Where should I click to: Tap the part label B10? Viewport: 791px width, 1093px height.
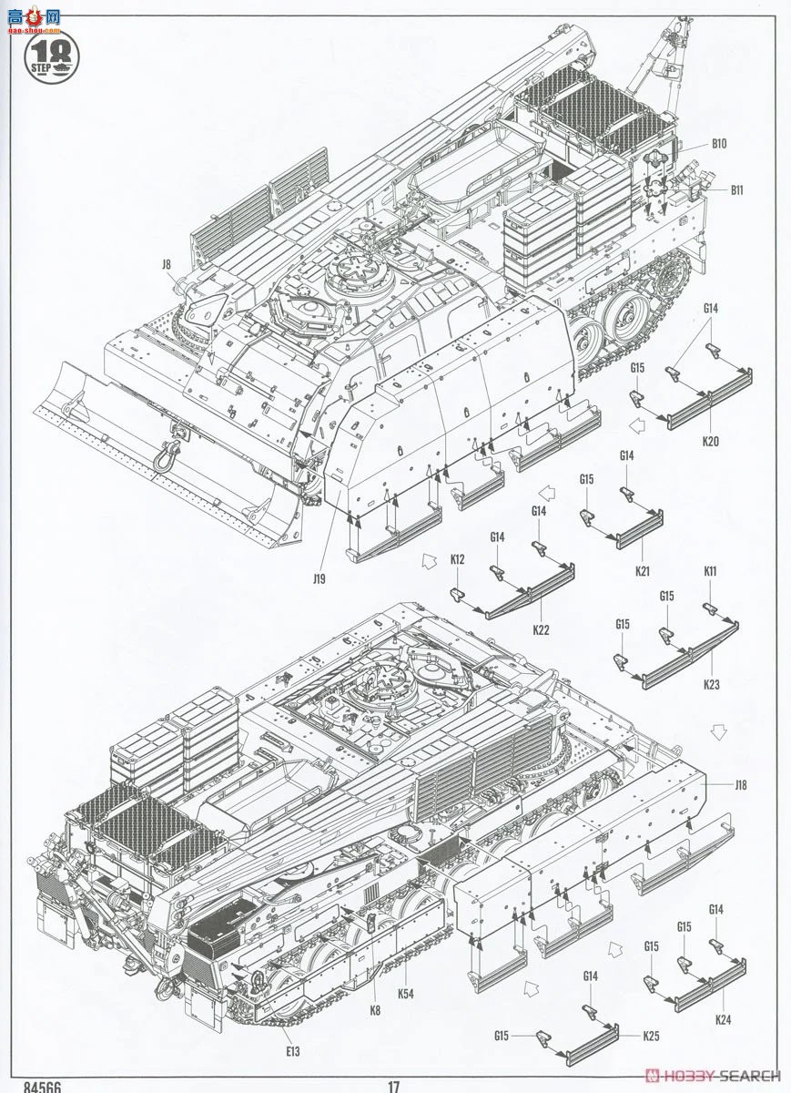(x=719, y=143)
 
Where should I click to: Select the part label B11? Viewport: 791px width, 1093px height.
(x=736, y=189)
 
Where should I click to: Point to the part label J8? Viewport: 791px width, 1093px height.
(x=166, y=265)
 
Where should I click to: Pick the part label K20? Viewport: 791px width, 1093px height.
(x=710, y=441)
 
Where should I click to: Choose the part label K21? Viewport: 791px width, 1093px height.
(x=643, y=570)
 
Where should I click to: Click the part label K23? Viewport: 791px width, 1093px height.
(x=711, y=683)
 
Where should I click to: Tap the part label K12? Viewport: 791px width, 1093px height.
(x=457, y=558)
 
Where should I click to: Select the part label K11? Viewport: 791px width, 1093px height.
(x=710, y=571)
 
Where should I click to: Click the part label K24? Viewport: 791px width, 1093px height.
(x=723, y=1019)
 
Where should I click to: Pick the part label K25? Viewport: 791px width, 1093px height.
(x=650, y=1036)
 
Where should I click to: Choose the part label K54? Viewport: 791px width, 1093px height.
(x=406, y=994)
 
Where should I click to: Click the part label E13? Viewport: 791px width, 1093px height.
(x=291, y=1051)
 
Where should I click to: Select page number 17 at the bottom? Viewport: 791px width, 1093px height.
(x=394, y=1086)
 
